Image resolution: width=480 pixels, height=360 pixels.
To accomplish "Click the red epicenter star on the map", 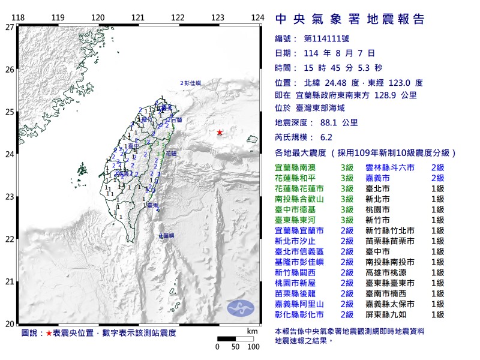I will [x=220, y=133].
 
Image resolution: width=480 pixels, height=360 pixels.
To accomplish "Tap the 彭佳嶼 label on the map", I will [x=193, y=83].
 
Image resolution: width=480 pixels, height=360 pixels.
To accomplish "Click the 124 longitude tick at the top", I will [x=257, y=17].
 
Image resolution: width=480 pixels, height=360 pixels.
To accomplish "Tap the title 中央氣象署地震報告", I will [x=350, y=19].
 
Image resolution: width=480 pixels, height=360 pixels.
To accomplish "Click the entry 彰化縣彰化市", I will [x=299, y=314].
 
